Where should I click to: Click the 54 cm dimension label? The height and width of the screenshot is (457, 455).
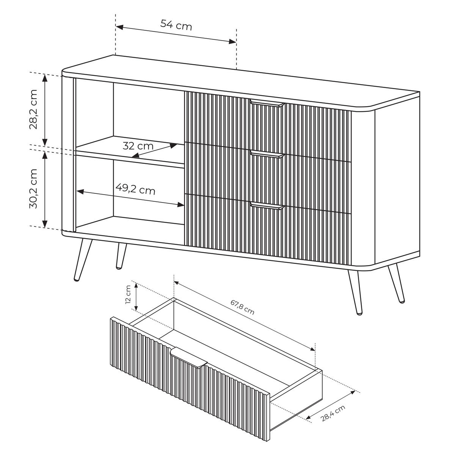(x=176, y=25)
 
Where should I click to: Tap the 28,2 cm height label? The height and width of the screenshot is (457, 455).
(x=33, y=109)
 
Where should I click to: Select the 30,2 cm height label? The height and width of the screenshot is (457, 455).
(x=33, y=188)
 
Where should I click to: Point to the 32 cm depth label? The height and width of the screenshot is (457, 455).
(x=138, y=146)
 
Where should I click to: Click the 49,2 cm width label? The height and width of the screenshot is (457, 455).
(x=135, y=190)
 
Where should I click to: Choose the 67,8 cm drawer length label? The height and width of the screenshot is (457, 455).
(x=242, y=307)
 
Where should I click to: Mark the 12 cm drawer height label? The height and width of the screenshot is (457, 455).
(x=128, y=298)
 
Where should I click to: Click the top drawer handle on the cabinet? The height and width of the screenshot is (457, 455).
(x=267, y=103)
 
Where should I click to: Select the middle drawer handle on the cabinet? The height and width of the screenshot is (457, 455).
(x=267, y=154)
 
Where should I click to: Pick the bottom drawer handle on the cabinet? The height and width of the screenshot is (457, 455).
(x=267, y=206)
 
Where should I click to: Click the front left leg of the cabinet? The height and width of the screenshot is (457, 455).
(x=83, y=260)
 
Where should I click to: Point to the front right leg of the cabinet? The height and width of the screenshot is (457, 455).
(x=355, y=293)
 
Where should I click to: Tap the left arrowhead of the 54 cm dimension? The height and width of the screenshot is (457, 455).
(x=119, y=27)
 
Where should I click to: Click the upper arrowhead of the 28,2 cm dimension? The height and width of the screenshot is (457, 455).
(x=45, y=78)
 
